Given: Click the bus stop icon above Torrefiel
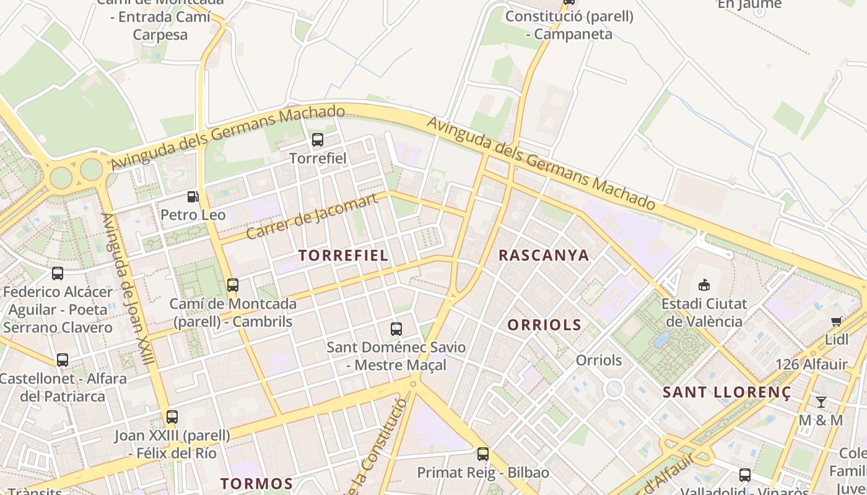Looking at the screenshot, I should tap(318, 140).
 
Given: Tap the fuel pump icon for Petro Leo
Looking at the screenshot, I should tap(193, 197).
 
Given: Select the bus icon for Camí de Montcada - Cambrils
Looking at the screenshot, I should tap(233, 285).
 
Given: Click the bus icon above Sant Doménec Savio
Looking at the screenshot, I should tap(396, 329).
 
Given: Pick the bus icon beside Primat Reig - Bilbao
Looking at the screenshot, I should tap(483, 454).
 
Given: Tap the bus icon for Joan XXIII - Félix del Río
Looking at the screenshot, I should tap(172, 417).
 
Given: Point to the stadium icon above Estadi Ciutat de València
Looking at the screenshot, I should tap(704, 285).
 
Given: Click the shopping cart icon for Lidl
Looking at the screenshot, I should tap(837, 321).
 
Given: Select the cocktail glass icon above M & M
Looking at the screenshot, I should tap(821, 402).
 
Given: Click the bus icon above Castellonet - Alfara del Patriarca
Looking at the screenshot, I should tap(63, 360).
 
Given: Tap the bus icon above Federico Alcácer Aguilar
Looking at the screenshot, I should tap(58, 273).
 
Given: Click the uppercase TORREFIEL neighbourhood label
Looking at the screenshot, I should tap(344, 255).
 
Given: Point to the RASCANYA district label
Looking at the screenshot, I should tap(544, 255).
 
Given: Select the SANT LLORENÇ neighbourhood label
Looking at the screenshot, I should tap(727, 392).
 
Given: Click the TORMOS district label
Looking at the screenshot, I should tap(257, 483).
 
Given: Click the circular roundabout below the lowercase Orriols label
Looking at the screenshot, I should tap(614, 389).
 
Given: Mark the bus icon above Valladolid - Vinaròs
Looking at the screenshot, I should tap(745, 475).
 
